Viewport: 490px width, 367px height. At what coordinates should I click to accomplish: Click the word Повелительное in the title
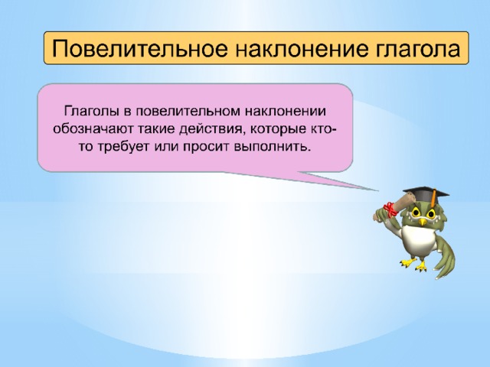(x=139, y=48)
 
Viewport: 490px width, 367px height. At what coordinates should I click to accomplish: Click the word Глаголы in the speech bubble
(x=93, y=112)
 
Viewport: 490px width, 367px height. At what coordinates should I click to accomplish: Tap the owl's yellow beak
(x=423, y=222)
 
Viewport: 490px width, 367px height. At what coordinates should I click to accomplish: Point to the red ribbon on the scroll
(x=390, y=209)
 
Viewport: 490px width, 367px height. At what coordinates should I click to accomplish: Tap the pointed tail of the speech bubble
(x=377, y=190)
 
